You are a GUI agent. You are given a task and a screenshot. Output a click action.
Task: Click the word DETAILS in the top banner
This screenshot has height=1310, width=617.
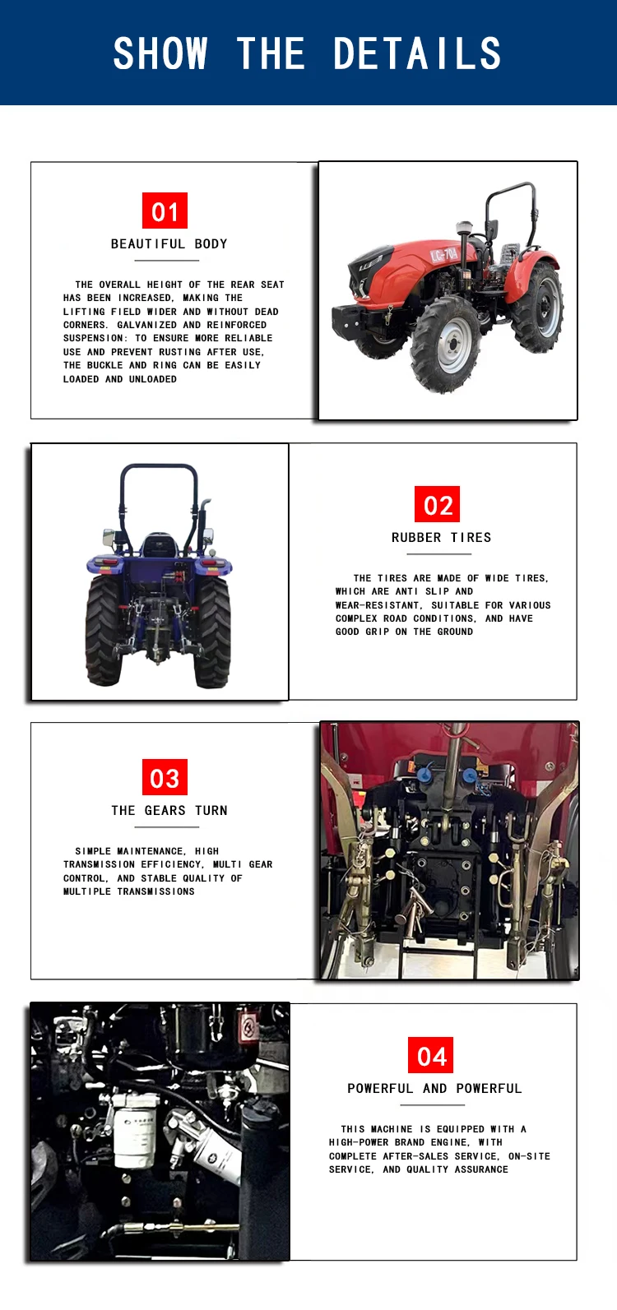point(417,53)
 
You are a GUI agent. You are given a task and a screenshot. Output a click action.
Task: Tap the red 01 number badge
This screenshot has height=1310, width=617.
point(165,211)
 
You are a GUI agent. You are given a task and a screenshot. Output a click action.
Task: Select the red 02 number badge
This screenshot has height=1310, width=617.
point(438,504)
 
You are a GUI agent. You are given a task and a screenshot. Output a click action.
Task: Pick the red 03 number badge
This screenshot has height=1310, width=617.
point(165,777)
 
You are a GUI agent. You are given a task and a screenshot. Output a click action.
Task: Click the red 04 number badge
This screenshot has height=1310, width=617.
point(431,1055)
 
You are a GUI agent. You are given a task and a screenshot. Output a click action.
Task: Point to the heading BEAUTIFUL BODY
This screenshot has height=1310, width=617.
point(169,244)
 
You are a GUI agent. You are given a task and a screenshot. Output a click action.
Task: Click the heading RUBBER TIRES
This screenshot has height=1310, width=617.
point(442,538)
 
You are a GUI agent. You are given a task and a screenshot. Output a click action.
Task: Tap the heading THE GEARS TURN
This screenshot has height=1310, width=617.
point(169,811)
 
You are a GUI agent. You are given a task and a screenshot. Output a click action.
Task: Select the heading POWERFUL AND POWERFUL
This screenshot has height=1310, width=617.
point(434,1088)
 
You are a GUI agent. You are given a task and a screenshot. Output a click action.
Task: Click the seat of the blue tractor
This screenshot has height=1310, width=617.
point(158,546)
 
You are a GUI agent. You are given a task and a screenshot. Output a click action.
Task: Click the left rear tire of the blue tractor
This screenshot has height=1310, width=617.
point(104,631)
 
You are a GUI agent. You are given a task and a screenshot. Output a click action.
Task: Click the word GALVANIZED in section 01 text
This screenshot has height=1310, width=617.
point(146,325)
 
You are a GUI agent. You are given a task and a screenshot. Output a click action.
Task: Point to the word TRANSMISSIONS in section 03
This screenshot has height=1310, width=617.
point(156,891)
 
